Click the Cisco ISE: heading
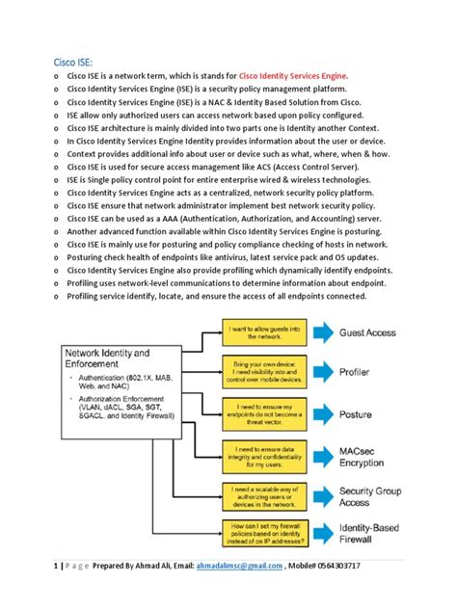(73, 64)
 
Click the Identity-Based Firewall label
(371, 535)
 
